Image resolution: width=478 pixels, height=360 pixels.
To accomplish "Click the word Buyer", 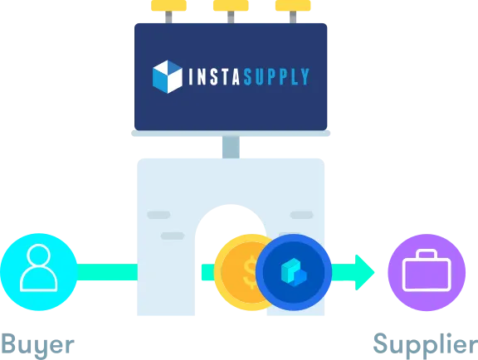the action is [x=38, y=345].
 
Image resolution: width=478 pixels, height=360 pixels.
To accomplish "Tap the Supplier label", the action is [x=426, y=345].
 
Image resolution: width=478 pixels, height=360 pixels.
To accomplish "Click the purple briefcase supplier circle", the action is [x=427, y=272].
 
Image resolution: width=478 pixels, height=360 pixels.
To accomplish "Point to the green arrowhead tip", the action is [x=374, y=272].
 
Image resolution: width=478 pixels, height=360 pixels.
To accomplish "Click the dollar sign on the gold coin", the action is [x=251, y=272].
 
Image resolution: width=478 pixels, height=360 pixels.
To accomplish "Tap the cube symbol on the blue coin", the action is [x=294, y=272].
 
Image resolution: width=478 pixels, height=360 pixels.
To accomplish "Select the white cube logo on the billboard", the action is [x=168, y=77].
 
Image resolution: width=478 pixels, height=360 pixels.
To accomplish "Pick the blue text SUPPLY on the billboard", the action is [x=276, y=76].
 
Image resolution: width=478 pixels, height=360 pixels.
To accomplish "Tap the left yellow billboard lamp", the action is [x=168, y=6].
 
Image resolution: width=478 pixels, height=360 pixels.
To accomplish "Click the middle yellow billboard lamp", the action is [x=231, y=6].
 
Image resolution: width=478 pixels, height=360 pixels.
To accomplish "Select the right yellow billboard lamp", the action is [x=293, y=6].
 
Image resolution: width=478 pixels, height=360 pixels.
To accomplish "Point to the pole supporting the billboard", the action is [x=231, y=147].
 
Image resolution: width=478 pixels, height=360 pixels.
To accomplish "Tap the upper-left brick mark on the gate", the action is [x=159, y=215].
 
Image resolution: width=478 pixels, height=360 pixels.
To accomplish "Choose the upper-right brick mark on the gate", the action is [x=301, y=215].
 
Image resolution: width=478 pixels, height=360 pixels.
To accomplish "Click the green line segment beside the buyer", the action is [x=107, y=272].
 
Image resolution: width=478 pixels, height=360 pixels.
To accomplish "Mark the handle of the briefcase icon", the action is [x=427, y=254].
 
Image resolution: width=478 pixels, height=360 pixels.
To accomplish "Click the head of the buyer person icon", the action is [x=39, y=256].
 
